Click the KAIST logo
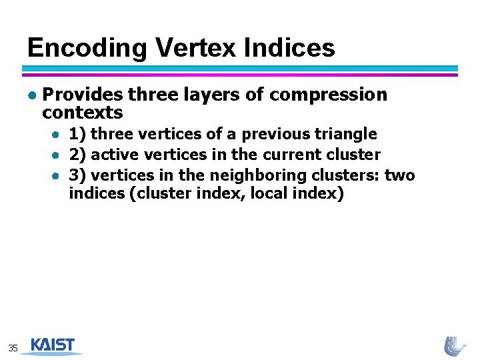53,345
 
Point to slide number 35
13,347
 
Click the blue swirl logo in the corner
455,345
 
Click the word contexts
83,112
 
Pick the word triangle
346,134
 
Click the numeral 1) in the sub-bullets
77,134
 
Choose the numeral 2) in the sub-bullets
77,155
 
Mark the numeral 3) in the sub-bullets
77,175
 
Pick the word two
400,175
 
